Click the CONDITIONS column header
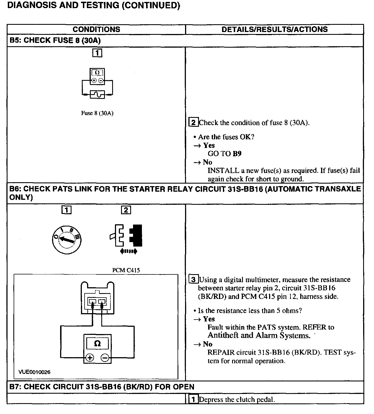[96, 29]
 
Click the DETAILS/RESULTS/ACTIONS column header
[274, 29]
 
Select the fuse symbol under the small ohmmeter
[97, 95]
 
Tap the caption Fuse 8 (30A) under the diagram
[97, 113]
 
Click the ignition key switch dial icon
[67, 240]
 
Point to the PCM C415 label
[126, 270]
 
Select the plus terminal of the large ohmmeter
[90, 357]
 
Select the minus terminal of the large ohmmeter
[105, 357]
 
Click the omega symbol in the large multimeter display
[97, 343]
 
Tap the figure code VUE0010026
[35, 372]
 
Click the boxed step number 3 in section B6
[193, 279]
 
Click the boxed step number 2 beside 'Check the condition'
[193, 122]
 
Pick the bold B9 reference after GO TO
[237, 154]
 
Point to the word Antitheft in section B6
[223, 335]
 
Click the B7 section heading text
[102, 387]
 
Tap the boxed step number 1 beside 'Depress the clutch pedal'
[193, 400]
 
